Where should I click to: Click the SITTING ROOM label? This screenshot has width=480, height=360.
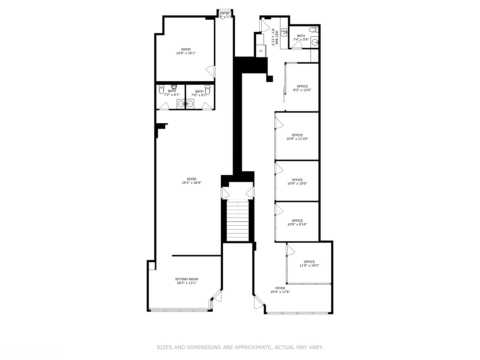pyautogui.click(x=187, y=279)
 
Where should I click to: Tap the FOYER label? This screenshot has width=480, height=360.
pyautogui.click(x=280, y=288)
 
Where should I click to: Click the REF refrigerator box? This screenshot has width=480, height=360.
pyautogui.click(x=261, y=51)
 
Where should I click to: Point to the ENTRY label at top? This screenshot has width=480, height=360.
pyautogui.click(x=225, y=13)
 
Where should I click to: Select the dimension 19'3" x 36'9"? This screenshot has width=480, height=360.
pyautogui.click(x=192, y=183)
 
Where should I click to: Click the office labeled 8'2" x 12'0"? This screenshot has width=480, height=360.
pyautogui.click(x=302, y=88)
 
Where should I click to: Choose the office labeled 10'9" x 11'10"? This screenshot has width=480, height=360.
pyautogui.click(x=297, y=137)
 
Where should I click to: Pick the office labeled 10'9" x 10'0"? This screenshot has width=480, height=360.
pyautogui.click(x=297, y=182)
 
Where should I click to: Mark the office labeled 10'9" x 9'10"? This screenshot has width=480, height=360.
pyautogui.click(x=297, y=222)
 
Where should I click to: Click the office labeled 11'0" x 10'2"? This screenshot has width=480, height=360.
pyautogui.click(x=309, y=264)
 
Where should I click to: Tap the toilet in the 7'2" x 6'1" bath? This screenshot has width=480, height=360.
pyautogui.click(x=162, y=90)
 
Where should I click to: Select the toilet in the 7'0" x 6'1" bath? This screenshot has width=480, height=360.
pyautogui.click(x=208, y=90)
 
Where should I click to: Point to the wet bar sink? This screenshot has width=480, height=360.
pyautogui.click(x=284, y=32)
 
